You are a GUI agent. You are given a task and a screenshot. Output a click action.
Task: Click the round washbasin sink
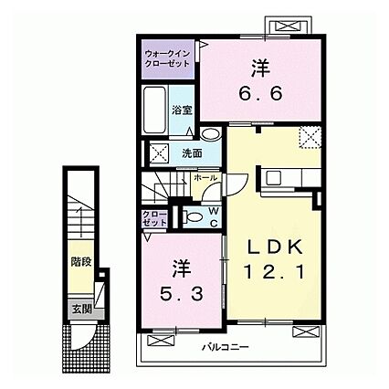pos(212,134)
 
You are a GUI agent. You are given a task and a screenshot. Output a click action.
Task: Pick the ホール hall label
pos(205,176)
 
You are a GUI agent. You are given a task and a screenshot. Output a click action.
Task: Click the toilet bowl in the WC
pos(194,216)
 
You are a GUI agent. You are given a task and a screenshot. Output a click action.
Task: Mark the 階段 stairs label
pos(79,262)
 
